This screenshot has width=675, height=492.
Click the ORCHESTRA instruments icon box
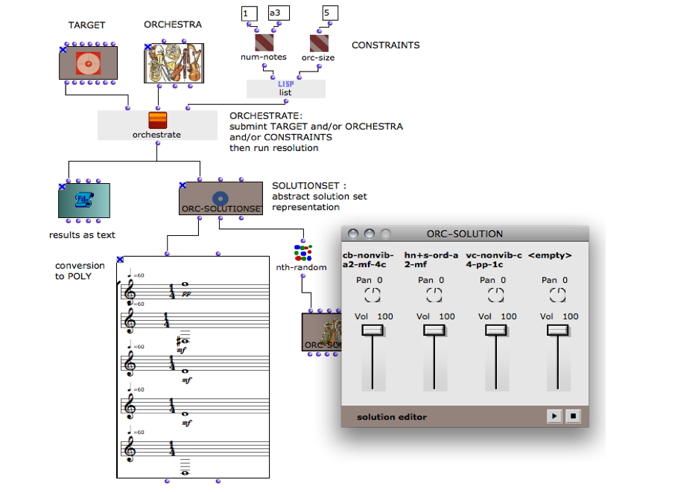click(x=174, y=63)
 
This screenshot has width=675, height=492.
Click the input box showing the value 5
click(x=330, y=13)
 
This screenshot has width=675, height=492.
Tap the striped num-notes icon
click(x=264, y=42)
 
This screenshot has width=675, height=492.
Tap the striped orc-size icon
click(x=319, y=42)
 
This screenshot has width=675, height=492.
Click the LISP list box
click(x=285, y=89)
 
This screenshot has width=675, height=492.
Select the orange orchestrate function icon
click(x=157, y=121)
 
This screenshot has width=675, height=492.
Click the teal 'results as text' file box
click(x=84, y=200)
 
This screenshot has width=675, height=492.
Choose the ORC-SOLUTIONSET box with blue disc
click(x=221, y=199)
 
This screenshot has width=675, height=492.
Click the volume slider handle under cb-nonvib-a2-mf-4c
click(x=373, y=331)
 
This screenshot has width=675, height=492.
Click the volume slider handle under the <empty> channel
click(x=557, y=331)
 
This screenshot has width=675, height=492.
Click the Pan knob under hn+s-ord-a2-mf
click(x=434, y=295)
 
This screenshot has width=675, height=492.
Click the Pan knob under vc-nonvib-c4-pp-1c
click(x=495, y=295)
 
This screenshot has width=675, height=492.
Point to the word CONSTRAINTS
click(x=385, y=45)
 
